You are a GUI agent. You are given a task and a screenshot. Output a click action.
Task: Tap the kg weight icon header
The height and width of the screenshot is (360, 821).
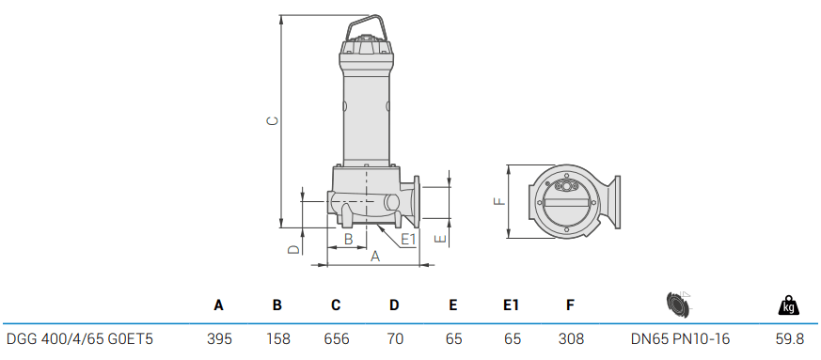click(x=788, y=305)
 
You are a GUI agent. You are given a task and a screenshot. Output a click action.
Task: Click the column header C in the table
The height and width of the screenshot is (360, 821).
click(x=336, y=305)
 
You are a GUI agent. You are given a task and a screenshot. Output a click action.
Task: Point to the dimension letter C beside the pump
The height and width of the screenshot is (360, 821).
click(x=270, y=121)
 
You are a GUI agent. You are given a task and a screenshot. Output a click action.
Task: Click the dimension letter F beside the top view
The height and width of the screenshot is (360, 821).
click(x=499, y=200)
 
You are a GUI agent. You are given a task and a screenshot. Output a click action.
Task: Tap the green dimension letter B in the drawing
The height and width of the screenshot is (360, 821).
click(x=348, y=240)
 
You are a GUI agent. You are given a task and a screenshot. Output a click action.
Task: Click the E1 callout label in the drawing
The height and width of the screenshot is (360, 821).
click(x=408, y=240)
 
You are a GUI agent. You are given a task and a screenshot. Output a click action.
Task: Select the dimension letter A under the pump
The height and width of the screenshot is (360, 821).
click(x=374, y=256)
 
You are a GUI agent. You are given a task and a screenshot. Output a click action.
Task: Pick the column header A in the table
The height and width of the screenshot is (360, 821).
click(x=218, y=305)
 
